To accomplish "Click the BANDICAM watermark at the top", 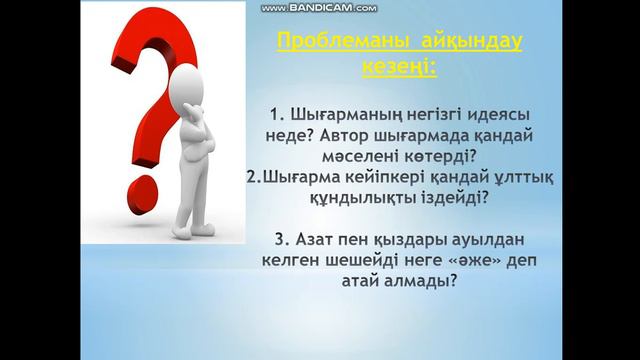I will [x=318, y=7].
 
